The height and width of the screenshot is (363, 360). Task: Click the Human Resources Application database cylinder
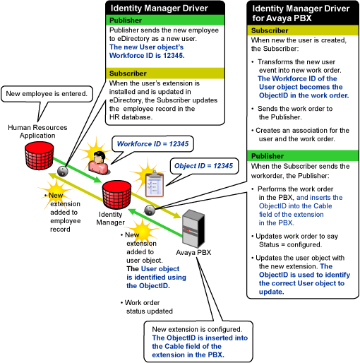40,155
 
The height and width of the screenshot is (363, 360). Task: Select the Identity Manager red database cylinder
116,195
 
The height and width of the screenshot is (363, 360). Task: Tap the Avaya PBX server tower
193,228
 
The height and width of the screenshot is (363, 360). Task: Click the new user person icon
99,162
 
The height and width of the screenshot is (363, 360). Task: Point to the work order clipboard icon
155,184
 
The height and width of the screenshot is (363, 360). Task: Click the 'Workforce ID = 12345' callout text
152,144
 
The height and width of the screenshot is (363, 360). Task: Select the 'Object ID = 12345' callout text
203,166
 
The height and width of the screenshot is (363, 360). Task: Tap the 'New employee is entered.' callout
47,94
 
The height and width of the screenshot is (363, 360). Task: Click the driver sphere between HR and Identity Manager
63,171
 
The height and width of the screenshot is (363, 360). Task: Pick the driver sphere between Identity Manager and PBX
150,210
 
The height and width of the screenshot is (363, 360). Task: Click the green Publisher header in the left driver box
165,20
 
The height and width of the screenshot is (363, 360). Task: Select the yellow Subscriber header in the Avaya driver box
303,30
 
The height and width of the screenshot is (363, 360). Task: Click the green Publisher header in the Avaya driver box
303,156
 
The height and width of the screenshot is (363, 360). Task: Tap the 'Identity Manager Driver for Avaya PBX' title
301,13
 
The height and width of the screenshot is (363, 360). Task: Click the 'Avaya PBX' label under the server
193,253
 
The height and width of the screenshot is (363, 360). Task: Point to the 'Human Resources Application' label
37,131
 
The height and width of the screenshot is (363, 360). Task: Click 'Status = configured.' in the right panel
290,245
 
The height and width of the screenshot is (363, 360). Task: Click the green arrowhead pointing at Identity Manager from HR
97,179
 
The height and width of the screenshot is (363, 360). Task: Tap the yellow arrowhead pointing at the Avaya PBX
176,215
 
